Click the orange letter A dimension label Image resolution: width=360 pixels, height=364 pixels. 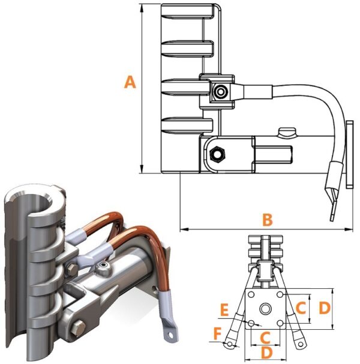click(x=130, y=82)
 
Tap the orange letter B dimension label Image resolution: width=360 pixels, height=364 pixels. click(x=267, y=219)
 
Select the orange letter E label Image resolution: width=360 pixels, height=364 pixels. click(x=224, y=310)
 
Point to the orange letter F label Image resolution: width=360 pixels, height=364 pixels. click(x=218, y=335)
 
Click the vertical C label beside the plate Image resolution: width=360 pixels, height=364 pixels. click(x=301, y=308)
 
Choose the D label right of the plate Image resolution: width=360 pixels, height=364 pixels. click(x=324, y=308)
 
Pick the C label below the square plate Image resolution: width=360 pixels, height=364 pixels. click(x=265, y=338)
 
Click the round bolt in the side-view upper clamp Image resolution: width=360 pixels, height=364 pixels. click(x=220, y=92)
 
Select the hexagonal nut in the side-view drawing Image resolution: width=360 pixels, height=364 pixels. click(x=218, y=153)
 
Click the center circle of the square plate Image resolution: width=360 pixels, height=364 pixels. click(x=265, y=309)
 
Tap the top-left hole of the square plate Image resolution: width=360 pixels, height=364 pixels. click(x=251, y=294)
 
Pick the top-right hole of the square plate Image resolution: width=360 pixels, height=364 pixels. click(x=280, y=294)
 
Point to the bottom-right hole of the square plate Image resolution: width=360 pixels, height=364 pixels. click(x=280, y=323)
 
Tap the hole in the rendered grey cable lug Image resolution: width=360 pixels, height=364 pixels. click(x=171, y=335)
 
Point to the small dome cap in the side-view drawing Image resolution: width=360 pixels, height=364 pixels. click(x=288, y=132)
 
